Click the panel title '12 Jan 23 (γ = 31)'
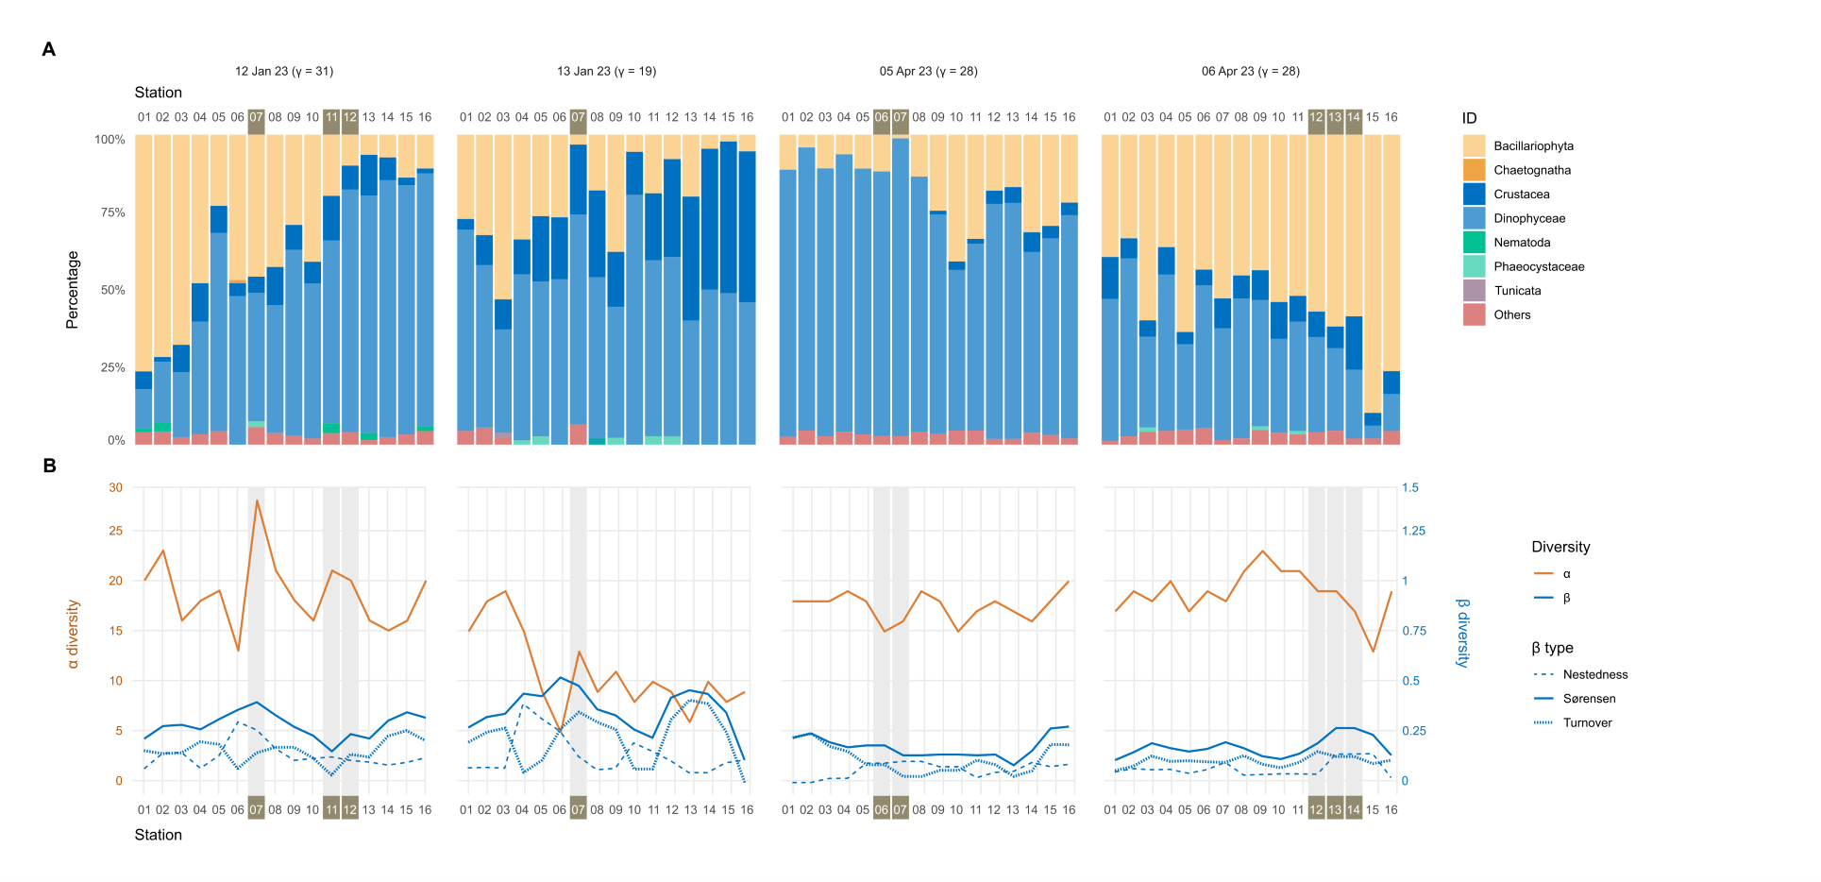tap(283, 72)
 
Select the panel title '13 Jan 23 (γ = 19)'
tap(606, 72)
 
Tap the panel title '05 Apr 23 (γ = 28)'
tap(928, 72)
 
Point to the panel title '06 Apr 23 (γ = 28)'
tap(1250, 72)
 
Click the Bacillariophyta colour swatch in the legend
tap(1474, 146)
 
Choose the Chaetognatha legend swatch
tap(1474, 170)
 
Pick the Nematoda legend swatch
tap(1474, 243)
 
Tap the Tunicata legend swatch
tap(1474, 291)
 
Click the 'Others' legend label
tap(1511, 315)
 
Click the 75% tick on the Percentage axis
tap(112, 213)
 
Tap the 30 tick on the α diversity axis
tap(115, 488)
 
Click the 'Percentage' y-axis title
tap(73, 290)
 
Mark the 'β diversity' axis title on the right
tap(1462, 633)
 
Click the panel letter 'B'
tap(49, 466)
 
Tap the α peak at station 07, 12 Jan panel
tap(257, 500)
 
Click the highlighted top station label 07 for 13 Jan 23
tap(578, 117)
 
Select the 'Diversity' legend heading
tap(1560, 548)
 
